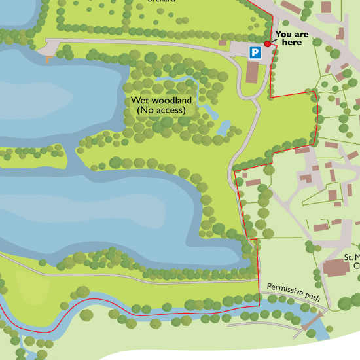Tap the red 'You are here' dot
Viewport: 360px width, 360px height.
point(268,43)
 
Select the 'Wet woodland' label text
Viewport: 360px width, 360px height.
point(161,101)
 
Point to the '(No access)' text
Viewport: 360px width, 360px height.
point(161,111)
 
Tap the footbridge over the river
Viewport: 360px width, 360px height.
point(315,323)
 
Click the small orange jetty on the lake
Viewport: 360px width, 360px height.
point(48,59)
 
